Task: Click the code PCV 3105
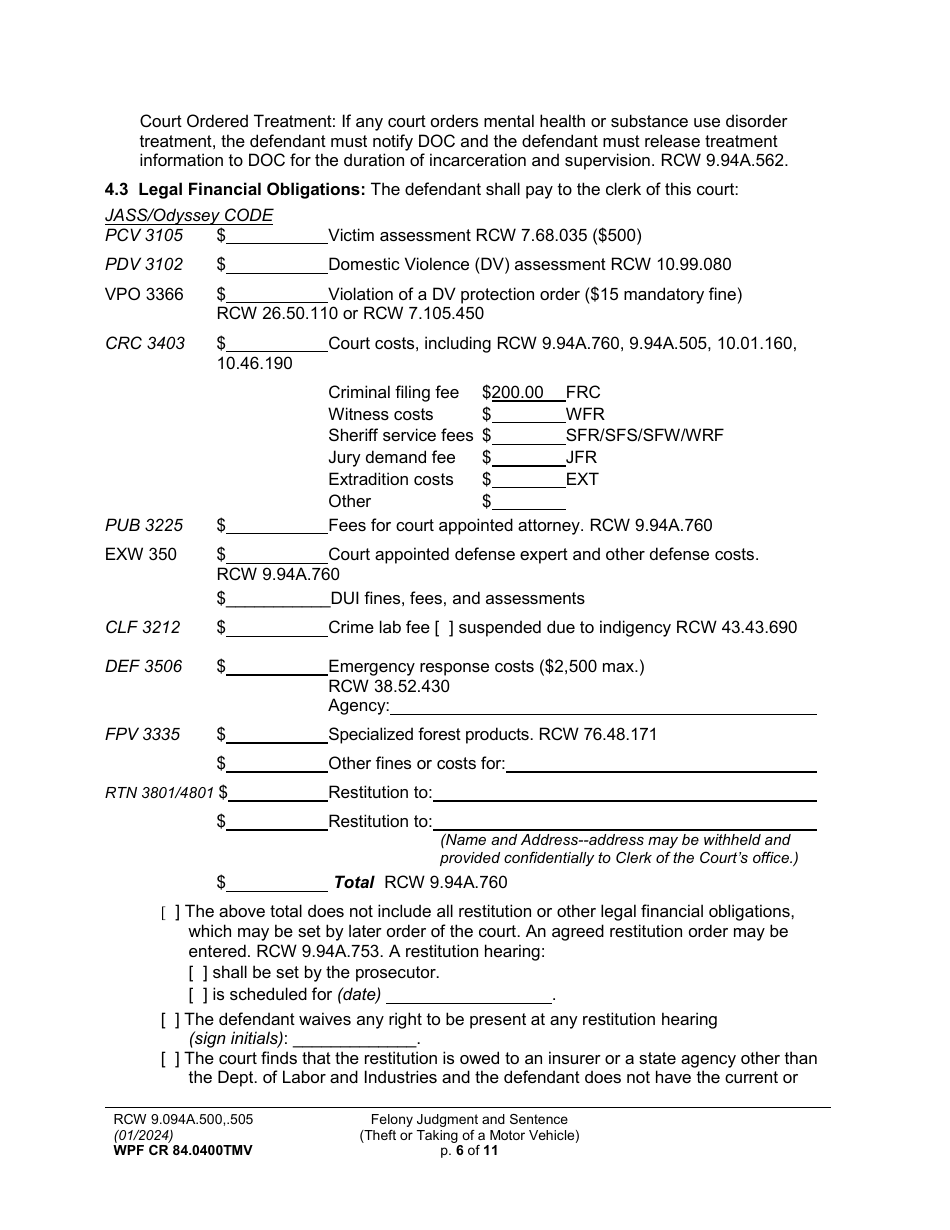pos(144,236)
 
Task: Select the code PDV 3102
pos(144,265)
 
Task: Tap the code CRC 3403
pos(145,344)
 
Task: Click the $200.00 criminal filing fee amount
pos(521,393)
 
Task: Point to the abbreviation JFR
pos(581,458)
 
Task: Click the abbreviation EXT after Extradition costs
pos(582,480)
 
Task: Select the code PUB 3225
pos(144,526)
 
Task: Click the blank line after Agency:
pos(602,707)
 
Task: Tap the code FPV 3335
pos(143,735)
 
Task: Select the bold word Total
pos(353,883)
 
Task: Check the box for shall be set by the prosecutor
pos(198,973)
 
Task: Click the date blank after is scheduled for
pos(468,995)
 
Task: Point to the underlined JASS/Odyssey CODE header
pos(189,216)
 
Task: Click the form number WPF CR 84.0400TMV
pos(183,1151)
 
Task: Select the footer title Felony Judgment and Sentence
pos(469,1120)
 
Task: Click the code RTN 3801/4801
pos(159,794)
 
